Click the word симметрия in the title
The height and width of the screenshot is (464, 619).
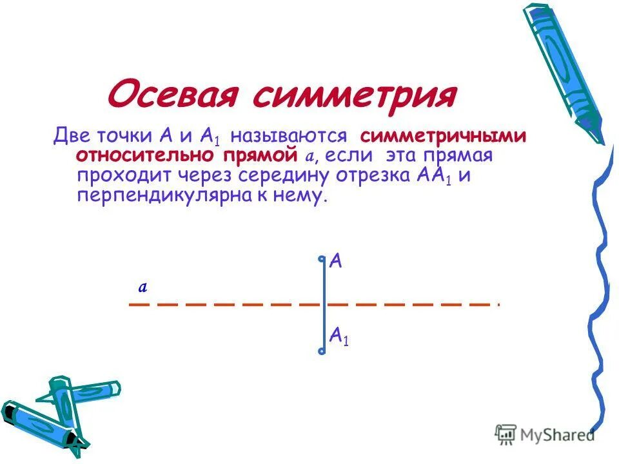(x=354, y=95)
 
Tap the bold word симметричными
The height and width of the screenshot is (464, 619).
(x=444, y=137)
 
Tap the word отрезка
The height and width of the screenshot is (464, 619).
(x=361, y=176)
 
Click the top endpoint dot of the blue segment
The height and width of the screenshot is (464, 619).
(x=322, y=260)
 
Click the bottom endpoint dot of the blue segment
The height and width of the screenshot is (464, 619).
(x=322, y=351)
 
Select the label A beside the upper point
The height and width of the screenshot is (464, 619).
(x=336, y=262)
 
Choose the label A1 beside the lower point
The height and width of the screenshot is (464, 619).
(x=339, y=336)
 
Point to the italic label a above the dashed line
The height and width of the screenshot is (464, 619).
(x=144, y=288)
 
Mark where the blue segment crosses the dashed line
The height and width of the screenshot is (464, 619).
(x=322, y=304)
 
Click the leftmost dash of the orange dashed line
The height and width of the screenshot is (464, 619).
(x=139, y=304)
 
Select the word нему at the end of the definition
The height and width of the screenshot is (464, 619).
(x=304, y=196)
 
